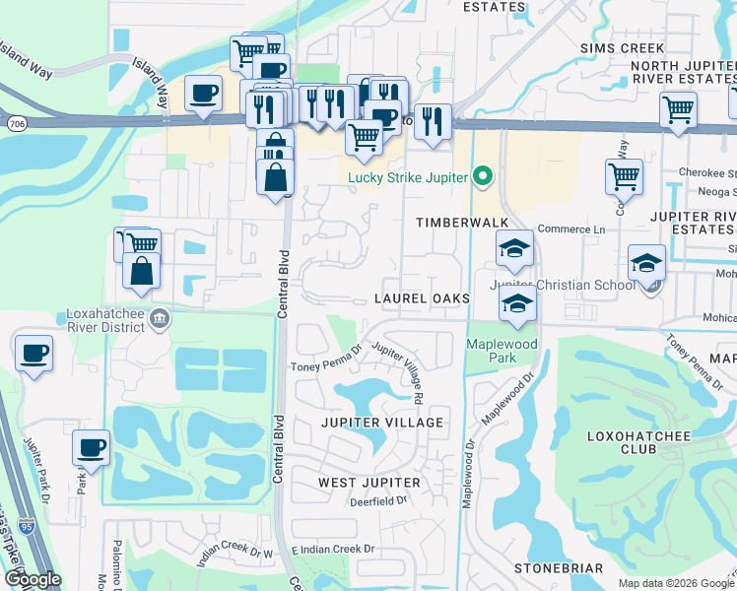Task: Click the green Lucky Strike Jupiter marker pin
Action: click(x=482, y=177)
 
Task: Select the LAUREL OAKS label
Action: click(x=417, y=298)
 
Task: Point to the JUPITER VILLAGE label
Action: click(x=380, y=423)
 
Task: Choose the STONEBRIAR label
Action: click(x=559, y=569)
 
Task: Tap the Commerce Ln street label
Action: click(x=569, y=229)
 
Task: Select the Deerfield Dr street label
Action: click(x=378, y=501)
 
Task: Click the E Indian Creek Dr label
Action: click(x=334, y=549)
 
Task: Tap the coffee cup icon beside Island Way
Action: click(x=203, y=94)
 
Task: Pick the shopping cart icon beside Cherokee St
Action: click(x=624, y=177)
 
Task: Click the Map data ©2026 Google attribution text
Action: click(x=674, y=583)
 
